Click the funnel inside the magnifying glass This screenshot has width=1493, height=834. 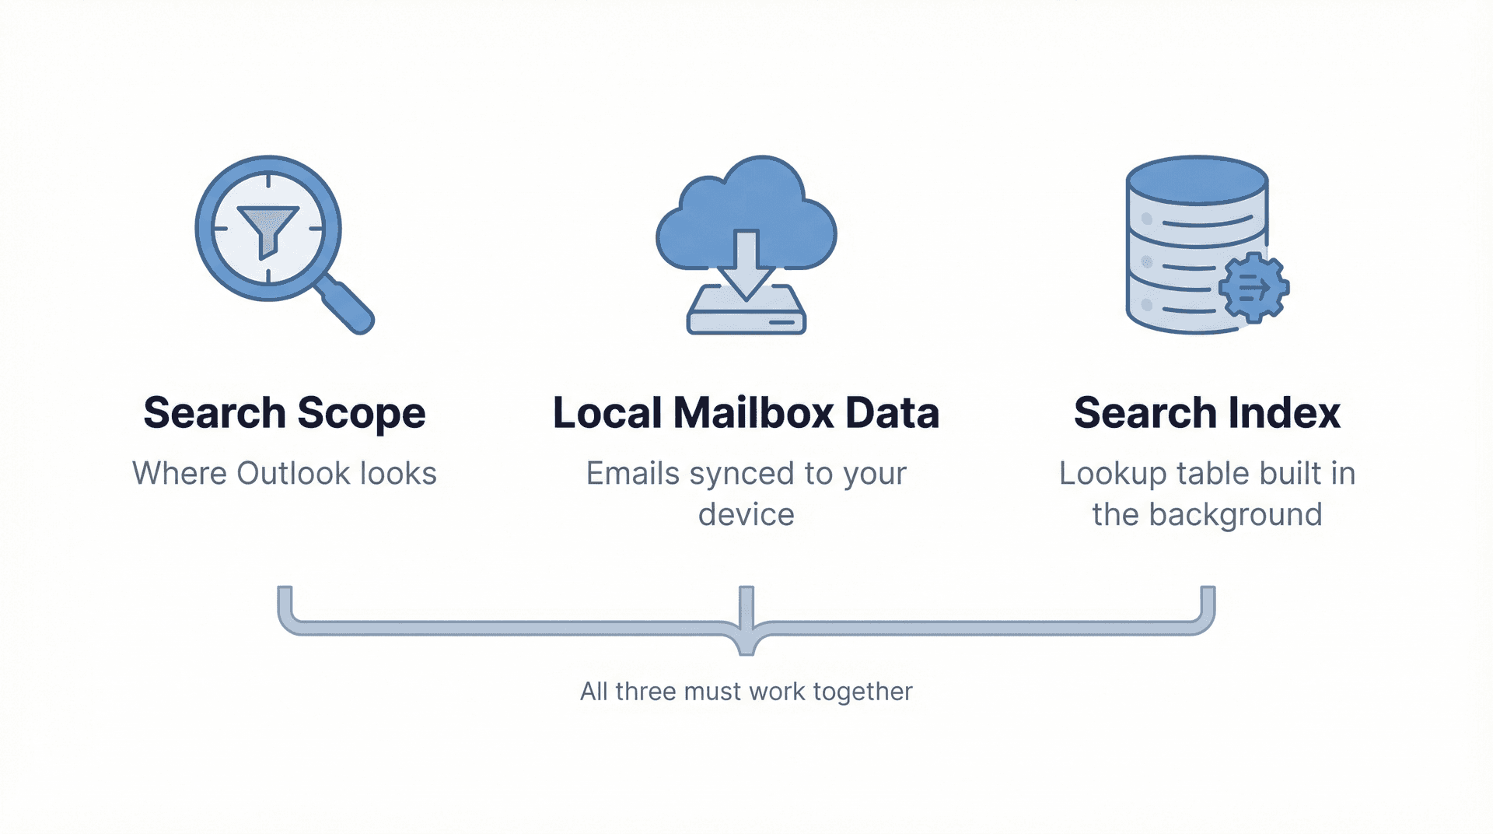(x=268, y=228)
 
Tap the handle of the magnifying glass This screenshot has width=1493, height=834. (x=348, y=306)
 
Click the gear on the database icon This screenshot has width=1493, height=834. (x=1253, y=288)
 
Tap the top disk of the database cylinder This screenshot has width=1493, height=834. (x=1197, y=180)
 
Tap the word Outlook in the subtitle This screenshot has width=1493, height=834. (x=293, y=473)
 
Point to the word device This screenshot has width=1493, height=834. (x=746, y=514)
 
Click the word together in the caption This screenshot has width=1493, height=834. (x=862, y=691)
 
